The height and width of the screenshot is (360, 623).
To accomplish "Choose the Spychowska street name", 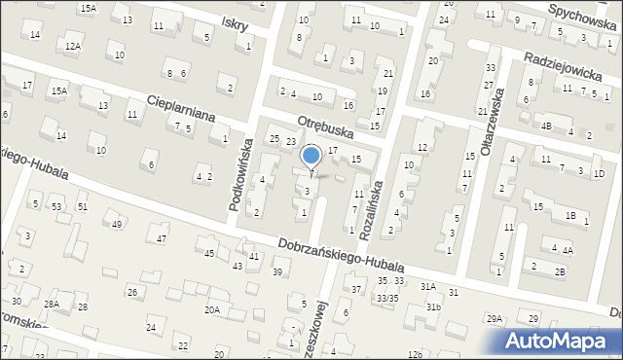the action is (584, 11).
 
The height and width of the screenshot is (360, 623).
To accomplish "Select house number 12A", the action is (73, 46).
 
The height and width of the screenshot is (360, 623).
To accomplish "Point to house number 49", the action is (117, 225).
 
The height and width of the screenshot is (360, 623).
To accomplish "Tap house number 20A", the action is (211, 309).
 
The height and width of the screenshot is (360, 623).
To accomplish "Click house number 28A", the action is (51, 305).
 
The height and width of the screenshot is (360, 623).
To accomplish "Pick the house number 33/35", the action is (387, 298).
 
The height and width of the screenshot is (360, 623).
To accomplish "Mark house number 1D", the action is (599, 173).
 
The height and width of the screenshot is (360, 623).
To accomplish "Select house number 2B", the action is (560, 271).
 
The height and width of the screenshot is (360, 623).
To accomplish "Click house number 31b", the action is (432, 307).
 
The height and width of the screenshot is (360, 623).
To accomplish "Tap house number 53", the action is (56, 207).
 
